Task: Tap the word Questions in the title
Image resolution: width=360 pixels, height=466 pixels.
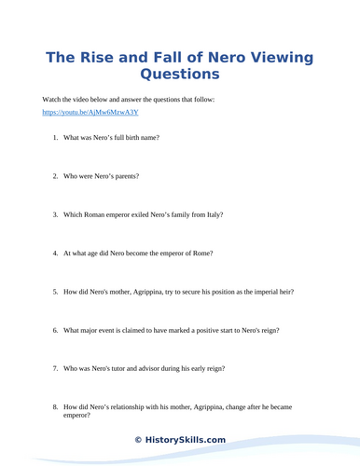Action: (x=179, y=75)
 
